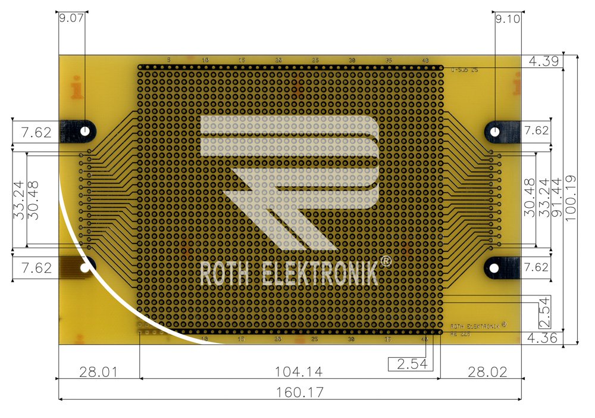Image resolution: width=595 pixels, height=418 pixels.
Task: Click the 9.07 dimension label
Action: [x=71, y=18]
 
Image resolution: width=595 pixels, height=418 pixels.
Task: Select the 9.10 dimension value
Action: [x=508, y=18]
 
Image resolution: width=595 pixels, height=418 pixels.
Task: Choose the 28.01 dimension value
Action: [x=98, y=372]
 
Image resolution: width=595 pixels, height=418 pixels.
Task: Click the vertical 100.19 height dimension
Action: [x=572, y=199]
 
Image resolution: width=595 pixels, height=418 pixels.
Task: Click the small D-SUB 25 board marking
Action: [x=464, y=70]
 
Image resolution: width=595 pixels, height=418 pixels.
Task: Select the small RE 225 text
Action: [x=460, y=335]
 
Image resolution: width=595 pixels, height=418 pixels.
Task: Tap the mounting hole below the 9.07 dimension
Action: [x=86, y=130]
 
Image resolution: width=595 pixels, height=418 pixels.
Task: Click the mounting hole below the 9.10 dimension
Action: [x=495, y=130]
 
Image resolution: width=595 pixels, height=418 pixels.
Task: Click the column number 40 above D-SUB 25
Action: [x=425, y=60]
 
